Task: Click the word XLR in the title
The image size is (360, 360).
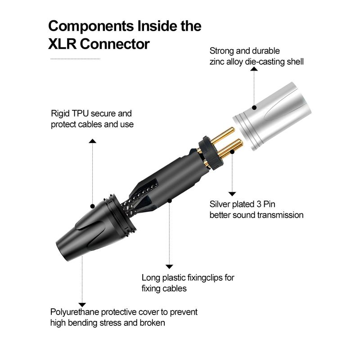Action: (x=62, y=44)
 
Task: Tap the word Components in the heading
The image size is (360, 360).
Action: (x=91, y=26)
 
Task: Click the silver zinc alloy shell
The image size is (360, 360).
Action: (x=273, y=116)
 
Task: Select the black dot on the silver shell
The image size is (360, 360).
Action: (x=254, y=108)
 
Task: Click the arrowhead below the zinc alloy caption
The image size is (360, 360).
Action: (x=254, y=69)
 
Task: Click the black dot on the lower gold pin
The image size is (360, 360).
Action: (x=232, y=152)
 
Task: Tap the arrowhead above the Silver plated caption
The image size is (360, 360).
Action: (x=232, y=194)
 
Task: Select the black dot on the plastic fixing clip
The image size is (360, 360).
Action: (x=170, y=201)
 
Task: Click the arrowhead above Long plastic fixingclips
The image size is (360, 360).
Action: (x=169, y=266)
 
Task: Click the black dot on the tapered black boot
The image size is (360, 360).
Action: (x=92, y=206)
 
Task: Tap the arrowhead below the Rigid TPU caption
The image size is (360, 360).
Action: (x=92, y=141)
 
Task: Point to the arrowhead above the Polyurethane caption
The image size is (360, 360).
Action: (x=82, y=305)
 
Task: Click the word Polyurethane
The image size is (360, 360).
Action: (x=75, y=312)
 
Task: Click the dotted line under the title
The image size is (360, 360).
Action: (x=75, y=59)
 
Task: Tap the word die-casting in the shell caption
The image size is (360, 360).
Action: (x=265, y=62)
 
